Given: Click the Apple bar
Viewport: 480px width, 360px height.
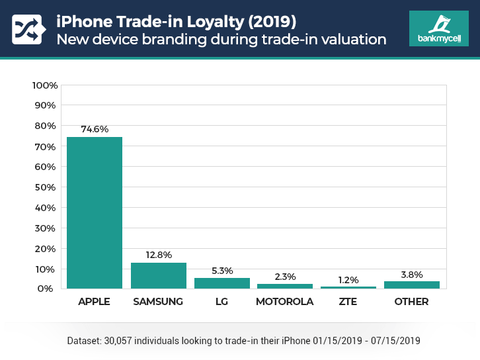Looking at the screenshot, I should click(95, 212).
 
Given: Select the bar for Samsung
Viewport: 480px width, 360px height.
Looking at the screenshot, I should click(158, 275).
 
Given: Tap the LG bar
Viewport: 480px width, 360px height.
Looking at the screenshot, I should click(221, 283).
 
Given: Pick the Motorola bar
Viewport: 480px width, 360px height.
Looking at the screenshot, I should click(285, 286).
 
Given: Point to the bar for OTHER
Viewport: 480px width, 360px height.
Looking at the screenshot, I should click(411, 285).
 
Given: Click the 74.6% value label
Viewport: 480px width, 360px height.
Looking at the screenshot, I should click(95, 129).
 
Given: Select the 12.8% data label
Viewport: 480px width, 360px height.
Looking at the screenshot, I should click(158, 255).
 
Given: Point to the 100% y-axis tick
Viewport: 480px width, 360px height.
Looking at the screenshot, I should click(45, 85).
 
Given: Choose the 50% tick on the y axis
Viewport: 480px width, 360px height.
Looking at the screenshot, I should click(46, 187).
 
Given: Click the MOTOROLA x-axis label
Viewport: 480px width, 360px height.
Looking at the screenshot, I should click(285, 302).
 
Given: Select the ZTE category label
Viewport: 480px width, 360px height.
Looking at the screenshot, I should click(348, 302).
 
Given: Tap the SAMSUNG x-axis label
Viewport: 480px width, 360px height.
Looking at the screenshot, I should click(158, 302).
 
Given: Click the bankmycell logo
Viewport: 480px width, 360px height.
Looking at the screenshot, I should click(439, 28).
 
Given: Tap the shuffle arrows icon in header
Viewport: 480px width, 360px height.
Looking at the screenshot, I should click(27, 28).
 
